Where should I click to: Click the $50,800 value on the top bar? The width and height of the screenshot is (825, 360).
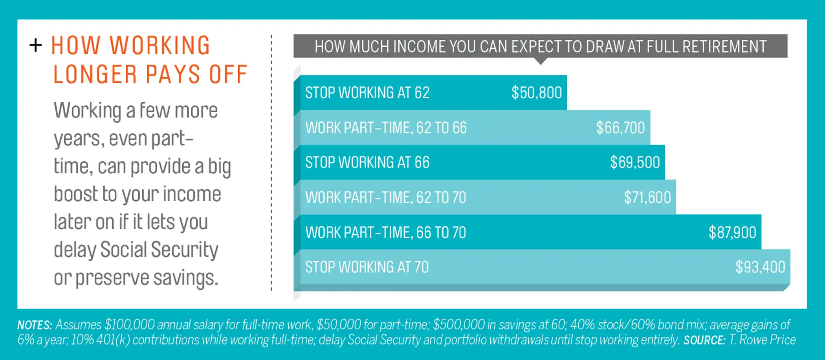click(536, 93)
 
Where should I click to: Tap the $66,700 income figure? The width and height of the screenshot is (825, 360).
click(620, 128)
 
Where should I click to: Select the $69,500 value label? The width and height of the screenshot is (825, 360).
click(635, 162)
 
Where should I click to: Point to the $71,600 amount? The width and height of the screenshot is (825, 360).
click(647, 197)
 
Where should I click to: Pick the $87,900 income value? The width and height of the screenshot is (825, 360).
click(732, 232)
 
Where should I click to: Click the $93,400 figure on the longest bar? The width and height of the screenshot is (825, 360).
click(760, 267)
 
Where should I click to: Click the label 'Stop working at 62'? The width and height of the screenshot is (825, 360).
click(367, 93)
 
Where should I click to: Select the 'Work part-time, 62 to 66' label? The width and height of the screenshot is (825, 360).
click(386, 128)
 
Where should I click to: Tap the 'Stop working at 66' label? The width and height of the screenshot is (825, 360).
click(367, 162)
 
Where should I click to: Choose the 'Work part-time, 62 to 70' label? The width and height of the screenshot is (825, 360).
click(386, 197)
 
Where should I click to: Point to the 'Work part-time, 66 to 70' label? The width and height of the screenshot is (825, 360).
click(386, 232)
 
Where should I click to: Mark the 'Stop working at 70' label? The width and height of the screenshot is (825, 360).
click(367, 267)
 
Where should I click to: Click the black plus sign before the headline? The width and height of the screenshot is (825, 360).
click(35, 45)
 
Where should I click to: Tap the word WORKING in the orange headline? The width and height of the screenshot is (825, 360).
click(160, 46)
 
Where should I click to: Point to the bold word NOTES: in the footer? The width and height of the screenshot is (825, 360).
click(35, 325)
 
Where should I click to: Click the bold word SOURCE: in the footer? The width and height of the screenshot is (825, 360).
click(704, 340)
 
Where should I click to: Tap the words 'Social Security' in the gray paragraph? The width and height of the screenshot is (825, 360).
click(159, 250)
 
